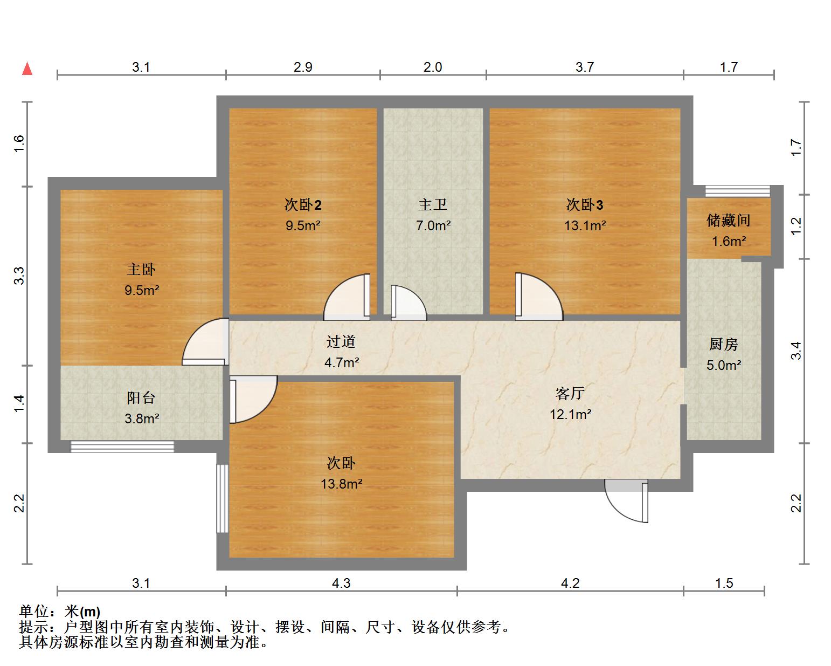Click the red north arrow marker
(27, 68)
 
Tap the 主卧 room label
(141, 269)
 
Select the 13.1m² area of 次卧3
(585, 225)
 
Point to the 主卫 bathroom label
(433, 205)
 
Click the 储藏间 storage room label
(729, 220)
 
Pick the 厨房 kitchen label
(723, 344)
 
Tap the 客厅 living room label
(570, 394)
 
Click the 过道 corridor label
(341, 342)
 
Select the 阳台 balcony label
(141, 398)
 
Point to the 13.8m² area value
(341, 484)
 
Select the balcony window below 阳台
(122, 446)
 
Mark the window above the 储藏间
(737, 191)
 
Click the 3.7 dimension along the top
(585, 67)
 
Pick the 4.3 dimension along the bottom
(341, 583)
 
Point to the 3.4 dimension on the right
(797, 351)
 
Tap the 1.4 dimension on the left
(19, 404)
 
